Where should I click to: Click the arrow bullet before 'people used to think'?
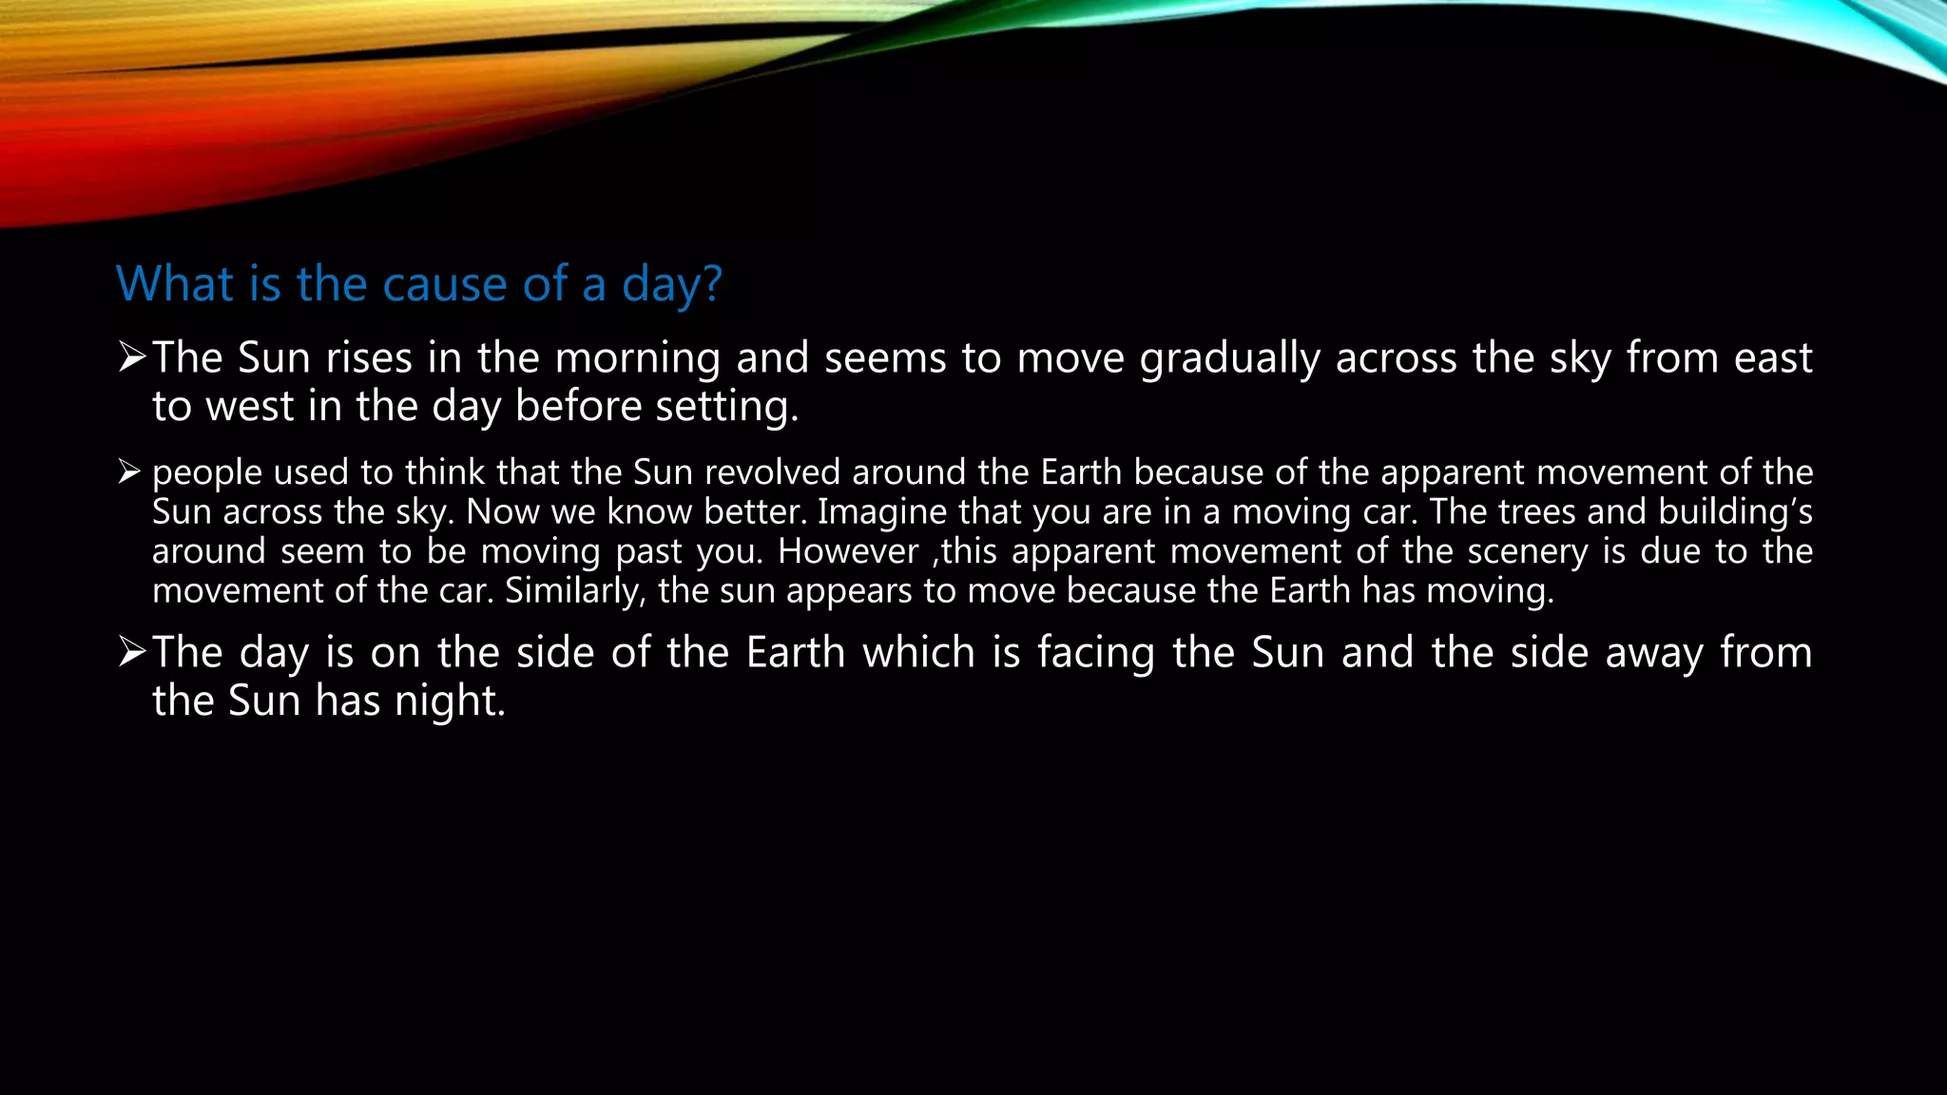129,471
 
